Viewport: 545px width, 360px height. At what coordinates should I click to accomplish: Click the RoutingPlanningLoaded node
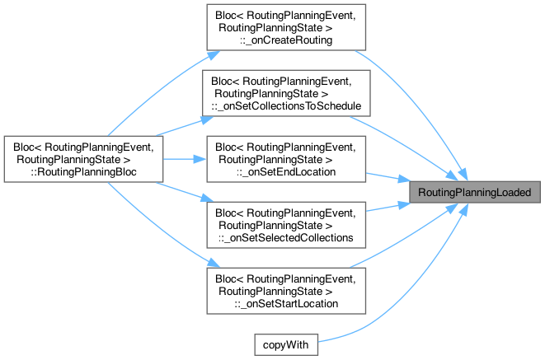tap(479, 191)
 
